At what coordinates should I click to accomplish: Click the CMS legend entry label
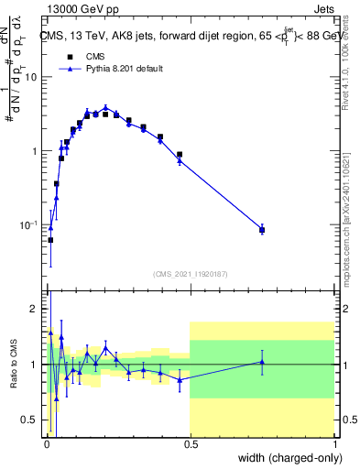[96, 56]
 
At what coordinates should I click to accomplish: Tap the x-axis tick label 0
[46, 444]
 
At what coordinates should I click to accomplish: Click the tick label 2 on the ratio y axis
[37, 310]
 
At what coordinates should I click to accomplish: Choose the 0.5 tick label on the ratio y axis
[32, 420]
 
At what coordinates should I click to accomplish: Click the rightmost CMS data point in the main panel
[262, 230]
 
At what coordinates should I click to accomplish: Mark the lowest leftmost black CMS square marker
[50, 240]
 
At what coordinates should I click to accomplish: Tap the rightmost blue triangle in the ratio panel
[262, 362]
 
